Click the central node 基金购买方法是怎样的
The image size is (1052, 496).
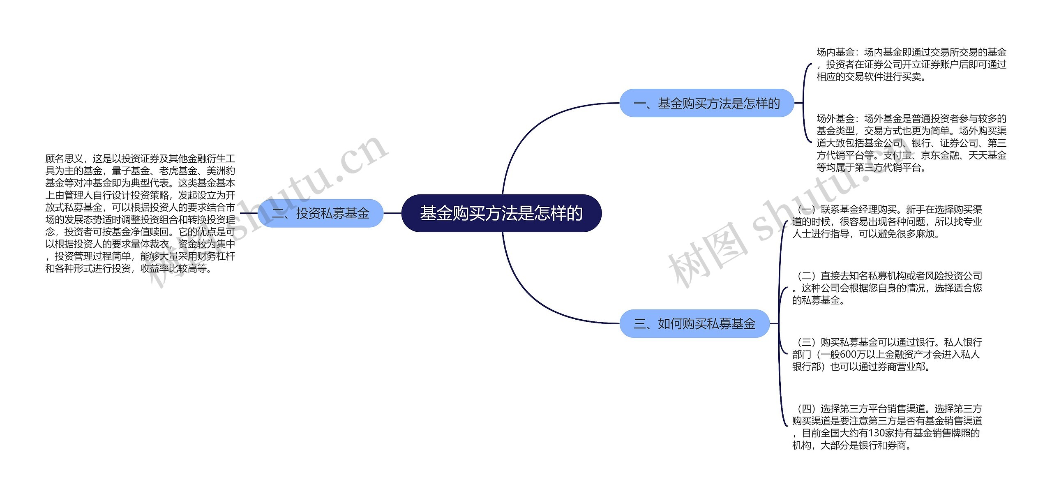click(x=501, y=213)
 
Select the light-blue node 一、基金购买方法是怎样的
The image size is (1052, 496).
click(x=706, y=103)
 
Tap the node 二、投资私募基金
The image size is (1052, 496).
click(x=321, y=213)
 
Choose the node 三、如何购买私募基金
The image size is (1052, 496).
click(x=694, y=324)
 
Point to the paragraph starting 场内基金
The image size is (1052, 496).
click(x=911, y=65)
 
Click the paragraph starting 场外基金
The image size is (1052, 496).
click(x=911, y=143)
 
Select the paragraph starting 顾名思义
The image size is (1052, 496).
click(x=140, y=213)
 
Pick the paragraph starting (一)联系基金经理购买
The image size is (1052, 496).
click(x=887, y=222)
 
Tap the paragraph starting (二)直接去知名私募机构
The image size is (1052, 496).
click(x=887, y=288)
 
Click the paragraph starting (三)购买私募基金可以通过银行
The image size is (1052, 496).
click(x=887, y=354)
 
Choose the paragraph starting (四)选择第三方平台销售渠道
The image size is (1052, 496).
click(x=887, y=427)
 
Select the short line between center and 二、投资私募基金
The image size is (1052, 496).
click(x=392, y=213)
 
